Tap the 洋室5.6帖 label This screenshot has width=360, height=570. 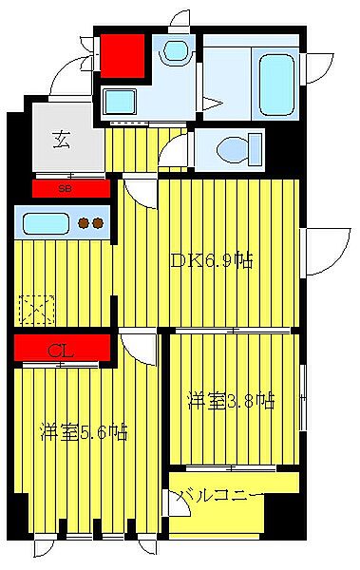[83, 433]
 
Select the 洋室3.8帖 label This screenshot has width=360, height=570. [231, 401]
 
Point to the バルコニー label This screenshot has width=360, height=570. [218, 495]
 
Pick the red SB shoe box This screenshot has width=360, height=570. [66, 189]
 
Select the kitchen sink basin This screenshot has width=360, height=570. [45, 225]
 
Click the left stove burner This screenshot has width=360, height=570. [84, 224]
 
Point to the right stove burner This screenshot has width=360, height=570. [98, 224]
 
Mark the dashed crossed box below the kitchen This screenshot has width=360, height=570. [35, 309]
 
